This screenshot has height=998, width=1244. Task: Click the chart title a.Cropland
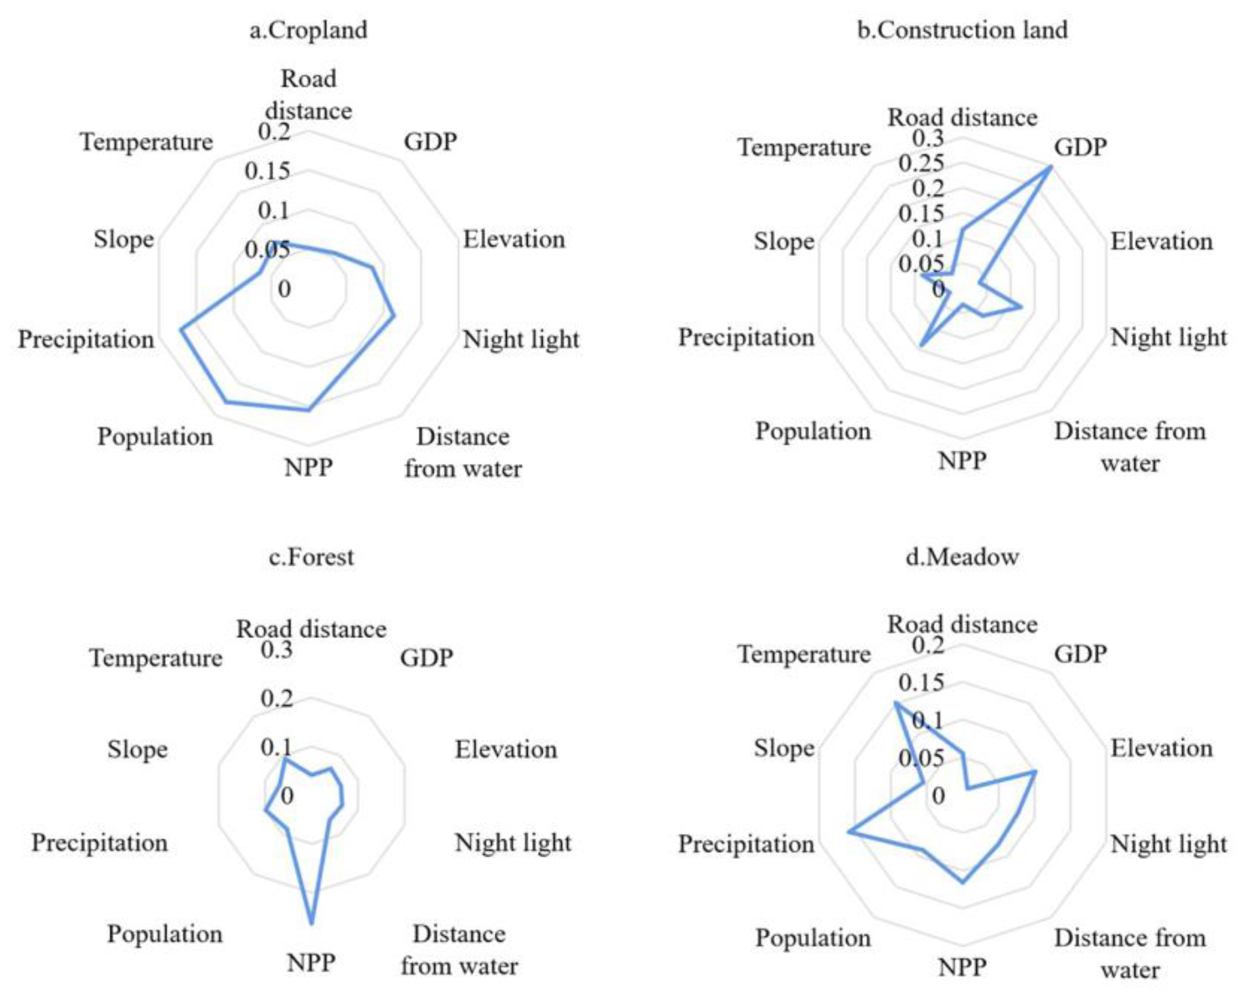pyautogui.click(x=308, y=30)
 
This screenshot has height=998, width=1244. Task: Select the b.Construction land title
pyautogui.click(x=962, y=30)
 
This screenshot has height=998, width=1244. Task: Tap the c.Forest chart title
pyautogui.click(x=312, y=557)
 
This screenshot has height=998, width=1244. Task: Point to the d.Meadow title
pyautogui.click(x=962, y=557)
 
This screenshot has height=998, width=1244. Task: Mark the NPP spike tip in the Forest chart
pyautogui.click(x=312, y=923)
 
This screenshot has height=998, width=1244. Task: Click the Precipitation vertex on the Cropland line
pyautogui.click(x=181, y=330)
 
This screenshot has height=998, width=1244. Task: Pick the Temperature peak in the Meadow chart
pyautogui.click(x=895, y=703)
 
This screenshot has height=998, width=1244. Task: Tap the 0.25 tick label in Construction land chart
pyautogui.click(x=921, y=164)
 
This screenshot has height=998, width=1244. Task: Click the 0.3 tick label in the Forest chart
pyautogui.click(x=276, y=650)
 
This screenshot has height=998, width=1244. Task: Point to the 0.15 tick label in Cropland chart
pyautogui.click(x=267, y=171)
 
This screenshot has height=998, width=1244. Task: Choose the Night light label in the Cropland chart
pyautogui.click(x=521, y=339)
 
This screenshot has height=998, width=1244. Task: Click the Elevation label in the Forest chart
pyautogui.click(x=506, y=749)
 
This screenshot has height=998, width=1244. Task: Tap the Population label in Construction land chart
pyautogui.click(x=813, y=431)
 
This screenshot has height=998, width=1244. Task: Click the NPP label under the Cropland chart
pyautogui.click(x=308, y=467)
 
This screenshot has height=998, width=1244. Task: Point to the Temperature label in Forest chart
pyautogui.click(x=156, y=658)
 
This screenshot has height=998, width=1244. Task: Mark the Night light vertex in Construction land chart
pyautogui.click(x=1022, y=307)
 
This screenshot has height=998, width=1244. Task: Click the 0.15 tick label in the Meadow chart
pyautogui.click(x=921, y=682)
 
